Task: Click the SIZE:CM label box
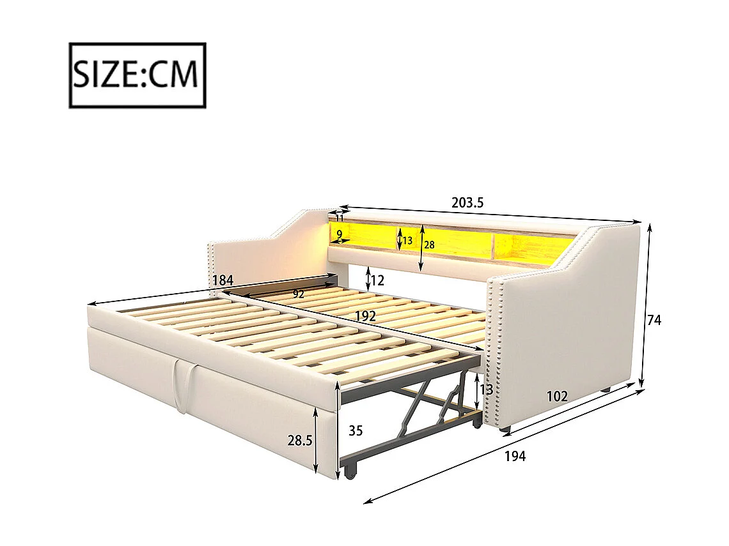point(137,75)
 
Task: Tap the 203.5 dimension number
point(467,203)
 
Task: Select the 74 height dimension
point(654,321)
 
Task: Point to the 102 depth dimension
point(557,397)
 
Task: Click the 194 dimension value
point(515,456)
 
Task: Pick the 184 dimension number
point(223,280)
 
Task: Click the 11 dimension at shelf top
point(340,218)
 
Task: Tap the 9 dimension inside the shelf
point(339,234)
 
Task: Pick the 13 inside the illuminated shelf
point(407,240)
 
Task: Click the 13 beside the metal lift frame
point(487,390)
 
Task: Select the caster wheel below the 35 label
point(350,473)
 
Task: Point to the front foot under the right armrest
point(506,427)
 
